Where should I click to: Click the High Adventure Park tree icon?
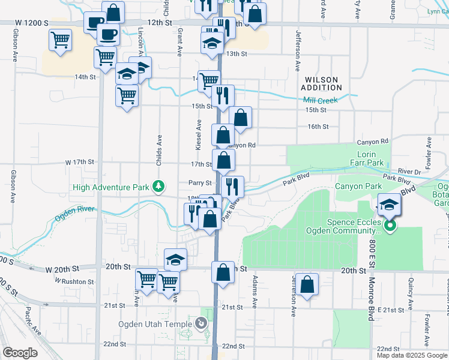click(158, 187)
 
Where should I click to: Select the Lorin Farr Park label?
click(367, 158)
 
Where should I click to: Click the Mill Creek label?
click(321, 100)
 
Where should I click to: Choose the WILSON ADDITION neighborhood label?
click(322, 83)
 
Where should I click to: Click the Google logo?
click(20, 353)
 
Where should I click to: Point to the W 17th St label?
click(80, 162)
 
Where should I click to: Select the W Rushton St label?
click(77, 281)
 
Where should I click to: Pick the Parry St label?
click(200, 183)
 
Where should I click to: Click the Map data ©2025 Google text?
click(412, 355)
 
